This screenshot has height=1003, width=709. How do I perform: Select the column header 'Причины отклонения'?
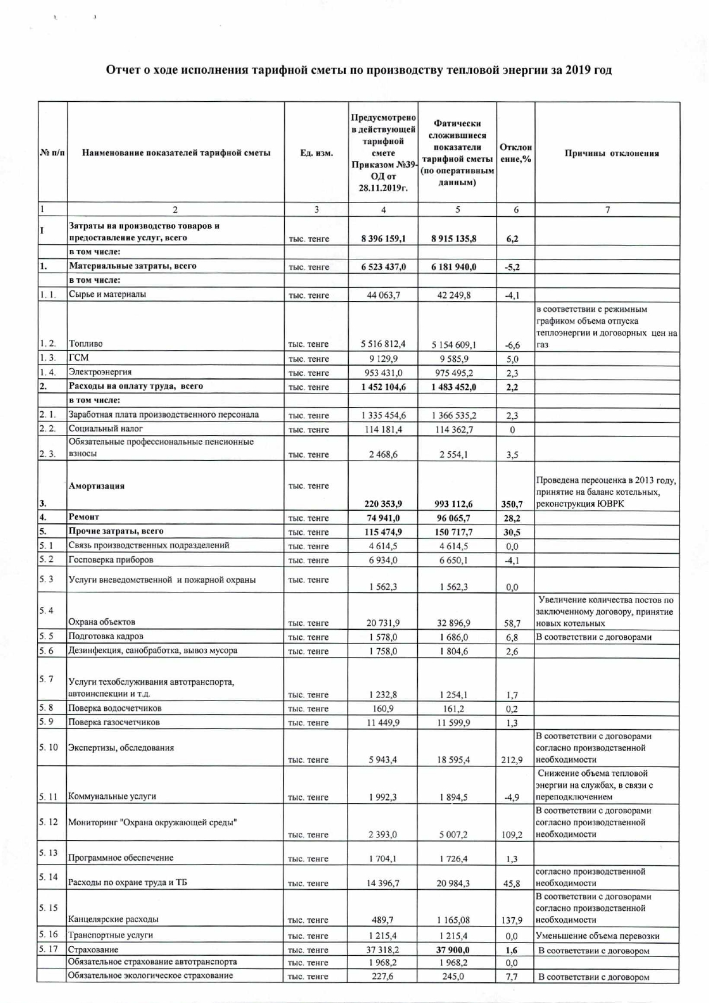(611, 153)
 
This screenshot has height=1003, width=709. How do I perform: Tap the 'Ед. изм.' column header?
(316, 153)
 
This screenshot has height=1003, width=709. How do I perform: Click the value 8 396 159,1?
(383, 239)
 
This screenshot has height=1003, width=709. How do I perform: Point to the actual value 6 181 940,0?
(453, 267)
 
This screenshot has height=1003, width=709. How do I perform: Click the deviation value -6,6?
(512, 345)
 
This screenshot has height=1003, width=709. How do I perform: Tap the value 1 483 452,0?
(453, 387)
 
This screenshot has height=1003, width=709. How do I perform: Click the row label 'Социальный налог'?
(105, 428)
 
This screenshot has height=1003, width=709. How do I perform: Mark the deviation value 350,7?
(512, 504)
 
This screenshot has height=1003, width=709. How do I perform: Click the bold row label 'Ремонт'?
(84, 517)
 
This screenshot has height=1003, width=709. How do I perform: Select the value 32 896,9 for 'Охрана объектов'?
(453, 623)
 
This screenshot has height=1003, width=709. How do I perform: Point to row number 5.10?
(49, 747)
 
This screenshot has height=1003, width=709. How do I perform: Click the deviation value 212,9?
(512, 760)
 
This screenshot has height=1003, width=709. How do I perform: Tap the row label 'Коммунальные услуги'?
(112, 797)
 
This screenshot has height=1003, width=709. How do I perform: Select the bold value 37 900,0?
(453, 950)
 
